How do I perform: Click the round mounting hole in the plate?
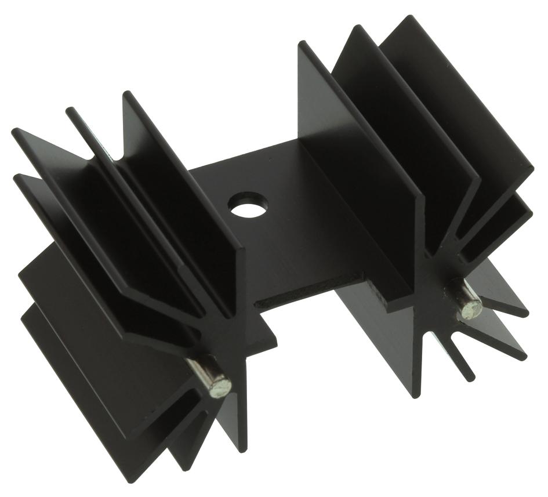(x=249, y=205)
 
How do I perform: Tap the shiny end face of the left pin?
(x=221, y=385)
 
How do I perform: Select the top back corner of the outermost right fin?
(x=413, y=17)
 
